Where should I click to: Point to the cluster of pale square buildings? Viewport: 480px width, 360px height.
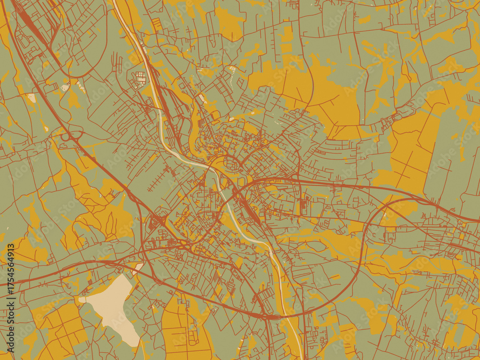140,77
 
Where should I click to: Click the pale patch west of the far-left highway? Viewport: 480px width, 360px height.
31,98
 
